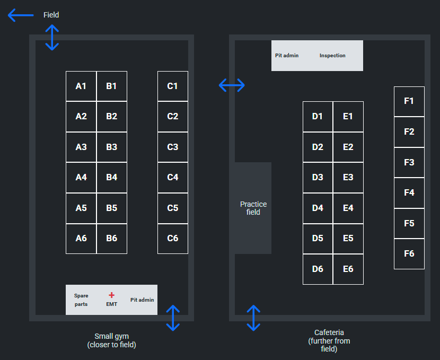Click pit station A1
(81, 86)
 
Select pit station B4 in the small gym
(111, 177)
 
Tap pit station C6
(173, 238)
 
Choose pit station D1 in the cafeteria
(318, 116)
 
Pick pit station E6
(348, 269)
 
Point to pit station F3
(409, 162)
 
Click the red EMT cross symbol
(111, 295)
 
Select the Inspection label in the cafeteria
(332, 56)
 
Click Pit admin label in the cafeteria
(287, 56)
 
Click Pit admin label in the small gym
(142, 300)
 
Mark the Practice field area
(253, 208)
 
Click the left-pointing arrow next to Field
(21, 15)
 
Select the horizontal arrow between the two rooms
(232, 84)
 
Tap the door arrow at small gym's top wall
(52, 37)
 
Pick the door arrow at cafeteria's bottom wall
(254, 318)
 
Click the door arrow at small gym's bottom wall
(173, 318)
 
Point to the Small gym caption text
(111, 340)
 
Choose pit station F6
(409, 253)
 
